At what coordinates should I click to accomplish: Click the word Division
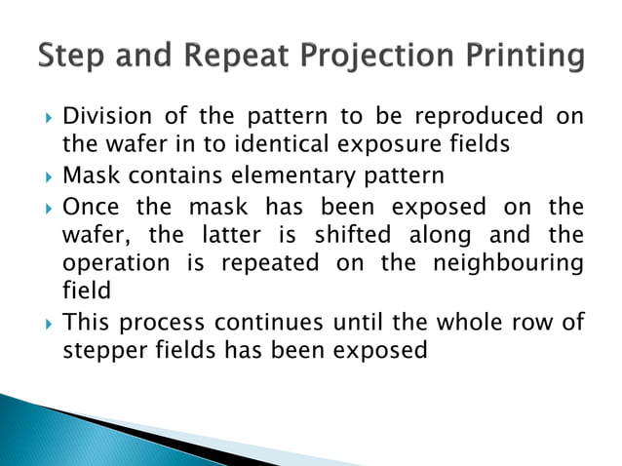(102, 117)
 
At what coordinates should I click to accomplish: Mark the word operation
(112, 265)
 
